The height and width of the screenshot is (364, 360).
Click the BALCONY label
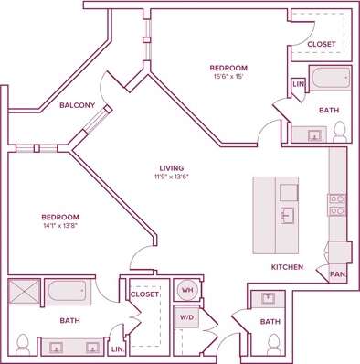click(78, 105)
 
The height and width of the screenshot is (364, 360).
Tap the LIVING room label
click(172, 167)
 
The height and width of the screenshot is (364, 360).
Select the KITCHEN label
click(287, 267)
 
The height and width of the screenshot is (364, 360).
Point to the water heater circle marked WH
click(187, 290)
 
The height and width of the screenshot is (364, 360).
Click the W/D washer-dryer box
click(187, 319)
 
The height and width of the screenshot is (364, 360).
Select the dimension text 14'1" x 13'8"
click(59, 225)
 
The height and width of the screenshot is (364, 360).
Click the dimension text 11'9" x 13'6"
click(172, 177)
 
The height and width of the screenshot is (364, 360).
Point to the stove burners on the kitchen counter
click(336, 204)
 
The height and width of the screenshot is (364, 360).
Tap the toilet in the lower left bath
click(25, 346)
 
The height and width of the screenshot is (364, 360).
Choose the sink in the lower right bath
click(270, 298)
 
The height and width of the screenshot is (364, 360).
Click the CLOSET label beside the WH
click(144, 294)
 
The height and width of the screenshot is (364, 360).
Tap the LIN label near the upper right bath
click(297, 85)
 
